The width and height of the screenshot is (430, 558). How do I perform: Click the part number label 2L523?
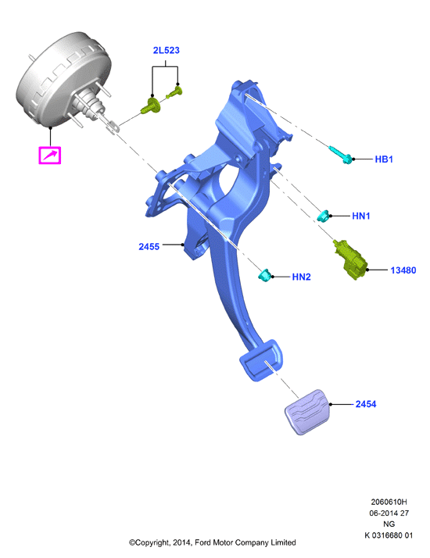click(x=166, y=51)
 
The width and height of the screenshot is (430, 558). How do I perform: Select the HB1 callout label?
click(x=384, y=159)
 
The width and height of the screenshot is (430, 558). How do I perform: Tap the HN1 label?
click(x=361, y=216)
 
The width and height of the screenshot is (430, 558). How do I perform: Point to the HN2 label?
click(x=301, y=277)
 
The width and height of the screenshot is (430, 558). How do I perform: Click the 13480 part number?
click(x=403, y=270)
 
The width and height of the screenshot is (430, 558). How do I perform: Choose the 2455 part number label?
click(x=149, y=247)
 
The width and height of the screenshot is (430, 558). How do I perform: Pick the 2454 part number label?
click(x=366, y=404)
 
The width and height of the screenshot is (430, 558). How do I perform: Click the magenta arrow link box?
click(x=50, y=156)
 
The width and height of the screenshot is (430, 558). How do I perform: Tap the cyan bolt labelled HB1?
click(x=340, y=155)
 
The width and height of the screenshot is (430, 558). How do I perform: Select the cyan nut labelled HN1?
click(x=324, y=216)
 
